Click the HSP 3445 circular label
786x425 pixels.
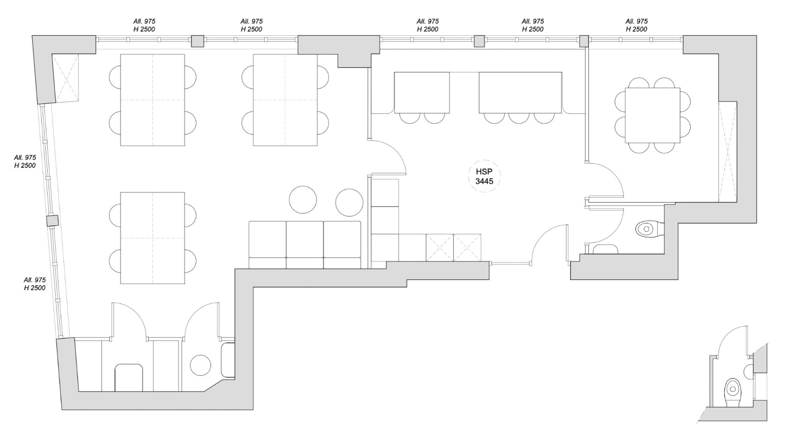(484, 176)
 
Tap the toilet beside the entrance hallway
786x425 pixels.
(649, 229)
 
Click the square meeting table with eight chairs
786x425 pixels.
(652, 115)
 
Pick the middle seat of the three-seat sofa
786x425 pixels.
(305, 245)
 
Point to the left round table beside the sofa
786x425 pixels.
(303, 200)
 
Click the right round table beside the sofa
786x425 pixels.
(349, 203)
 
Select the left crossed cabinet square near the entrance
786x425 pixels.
(440, 247)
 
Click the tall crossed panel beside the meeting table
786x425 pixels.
(727, 152)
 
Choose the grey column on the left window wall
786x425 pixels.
(52, 221)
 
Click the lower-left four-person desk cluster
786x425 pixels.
(153, 238)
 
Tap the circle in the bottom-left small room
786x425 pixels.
(201, 365)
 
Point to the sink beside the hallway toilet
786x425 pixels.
(605, 249)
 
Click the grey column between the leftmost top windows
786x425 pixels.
(197, 41)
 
